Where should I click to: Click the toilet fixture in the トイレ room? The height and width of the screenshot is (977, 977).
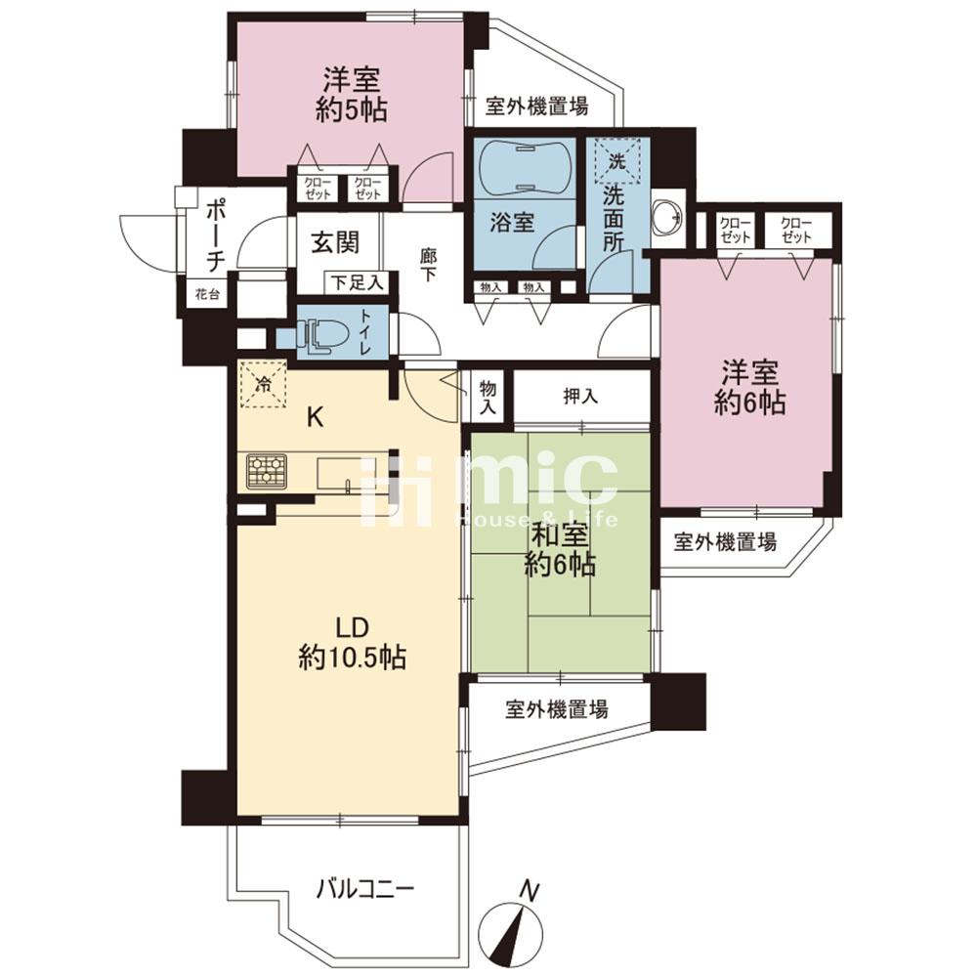(322, 337)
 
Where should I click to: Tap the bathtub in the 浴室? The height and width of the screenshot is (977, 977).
(524, 168)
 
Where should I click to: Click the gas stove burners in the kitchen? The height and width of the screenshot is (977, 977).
(267, 471)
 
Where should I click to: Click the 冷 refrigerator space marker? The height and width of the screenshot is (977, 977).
(264, 384)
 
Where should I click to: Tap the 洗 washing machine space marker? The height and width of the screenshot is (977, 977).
(616, 161)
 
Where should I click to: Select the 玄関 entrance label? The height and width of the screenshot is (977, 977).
(336, 242)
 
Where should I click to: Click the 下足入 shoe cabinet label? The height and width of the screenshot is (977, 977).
(357, 283)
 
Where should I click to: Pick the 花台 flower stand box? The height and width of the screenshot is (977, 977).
(207, 294)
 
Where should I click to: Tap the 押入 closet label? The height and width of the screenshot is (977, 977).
(580, 396)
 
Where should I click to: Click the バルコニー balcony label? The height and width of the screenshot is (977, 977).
(364, 887)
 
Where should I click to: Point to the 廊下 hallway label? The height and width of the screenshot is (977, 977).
(428, 265)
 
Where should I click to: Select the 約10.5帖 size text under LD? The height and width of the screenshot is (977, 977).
(353, 657)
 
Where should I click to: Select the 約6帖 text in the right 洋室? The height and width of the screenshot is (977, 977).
(749, 403)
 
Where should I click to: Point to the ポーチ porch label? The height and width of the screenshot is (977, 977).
(215, 234)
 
